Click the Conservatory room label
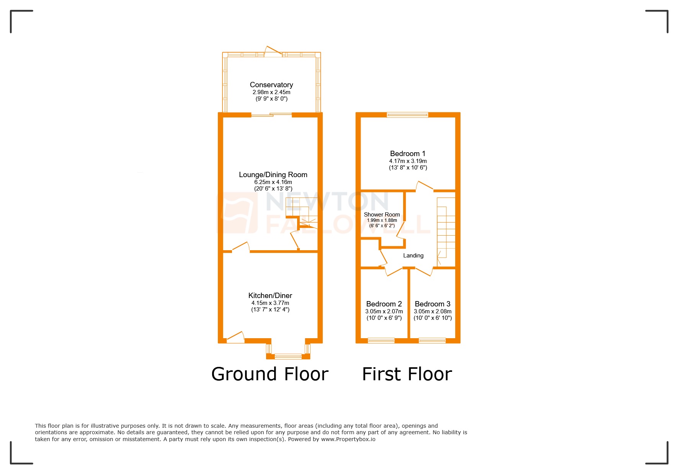point(271,85)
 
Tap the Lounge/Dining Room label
point(273,175)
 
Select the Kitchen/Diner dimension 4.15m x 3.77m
point(270,303)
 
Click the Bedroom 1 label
point(407,154)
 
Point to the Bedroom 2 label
point(384,304)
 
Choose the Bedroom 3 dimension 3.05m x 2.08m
point(433,311)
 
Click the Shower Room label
point(382,215)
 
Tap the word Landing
point(413,256)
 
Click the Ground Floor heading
point(270,374)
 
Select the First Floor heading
point(407,374)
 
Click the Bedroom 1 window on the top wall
point(407,114)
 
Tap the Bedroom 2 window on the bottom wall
point(381,340)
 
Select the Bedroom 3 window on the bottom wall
point(432,340)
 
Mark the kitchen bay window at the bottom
point(288,356)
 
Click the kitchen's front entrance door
point(235,337)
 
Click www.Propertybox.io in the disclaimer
point(348,439)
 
